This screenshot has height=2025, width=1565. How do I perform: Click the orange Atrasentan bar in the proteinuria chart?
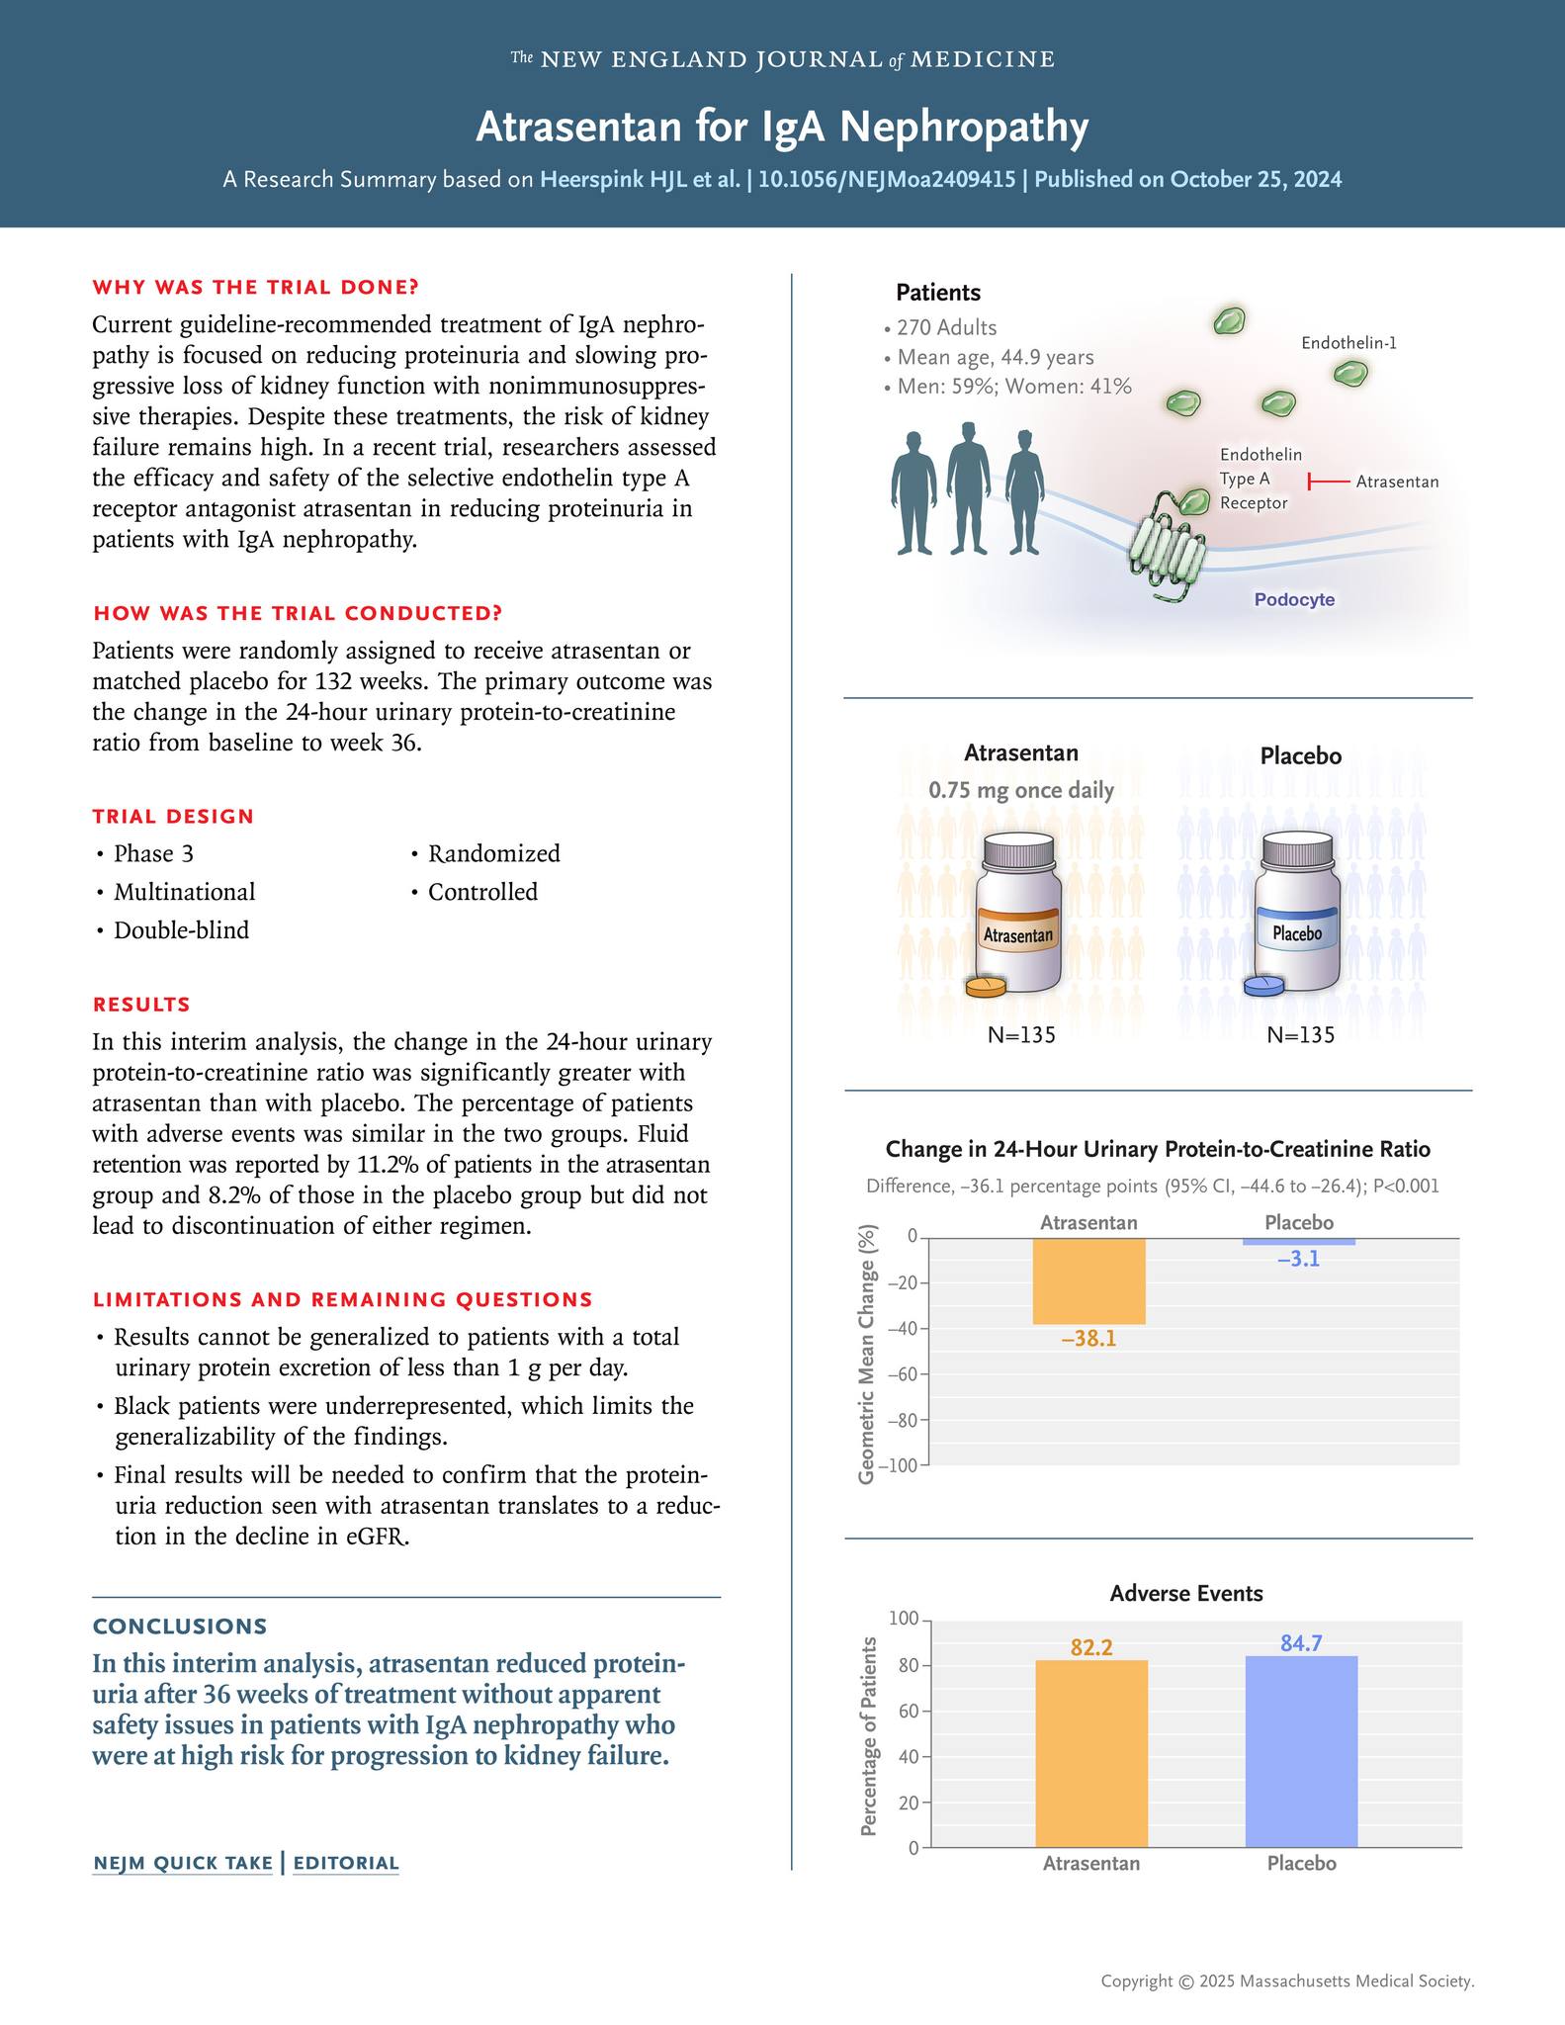tap(1088, 1280)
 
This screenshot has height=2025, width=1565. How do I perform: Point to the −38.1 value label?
tap(1088, 1339)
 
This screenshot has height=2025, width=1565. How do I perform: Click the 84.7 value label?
tap(1301, 1643)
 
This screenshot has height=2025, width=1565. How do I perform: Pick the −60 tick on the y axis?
tap(904, 1374)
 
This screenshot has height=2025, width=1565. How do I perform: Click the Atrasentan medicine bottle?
tap(1018, 915)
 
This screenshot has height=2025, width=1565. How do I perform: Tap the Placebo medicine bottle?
tap(1297, 915)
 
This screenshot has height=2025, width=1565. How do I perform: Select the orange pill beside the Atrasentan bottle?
tap(985, 987)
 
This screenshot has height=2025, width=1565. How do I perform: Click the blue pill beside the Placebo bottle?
tap(1263, 987)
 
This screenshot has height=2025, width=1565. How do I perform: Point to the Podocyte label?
tap(1294, 599)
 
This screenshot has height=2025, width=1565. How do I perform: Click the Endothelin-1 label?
tap(1348, 343)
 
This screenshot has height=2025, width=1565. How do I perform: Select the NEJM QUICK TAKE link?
tap(183, 1863)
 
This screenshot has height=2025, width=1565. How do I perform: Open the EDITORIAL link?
tap(346, 1863)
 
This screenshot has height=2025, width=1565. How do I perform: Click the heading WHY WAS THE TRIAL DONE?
tap(255, 287)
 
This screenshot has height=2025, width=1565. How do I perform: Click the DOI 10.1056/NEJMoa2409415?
tap(886, 179)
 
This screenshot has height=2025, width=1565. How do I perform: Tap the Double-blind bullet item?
tap(181, 930)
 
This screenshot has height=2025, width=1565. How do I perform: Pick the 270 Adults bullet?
tap(946, 327)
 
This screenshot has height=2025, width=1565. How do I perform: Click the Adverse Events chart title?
tap(1186, 1593)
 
